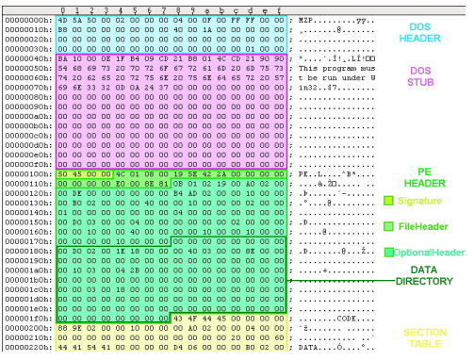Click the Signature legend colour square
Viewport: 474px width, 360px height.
387,201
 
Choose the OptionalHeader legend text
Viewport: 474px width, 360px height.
431,252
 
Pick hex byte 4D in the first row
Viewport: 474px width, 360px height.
63,18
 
